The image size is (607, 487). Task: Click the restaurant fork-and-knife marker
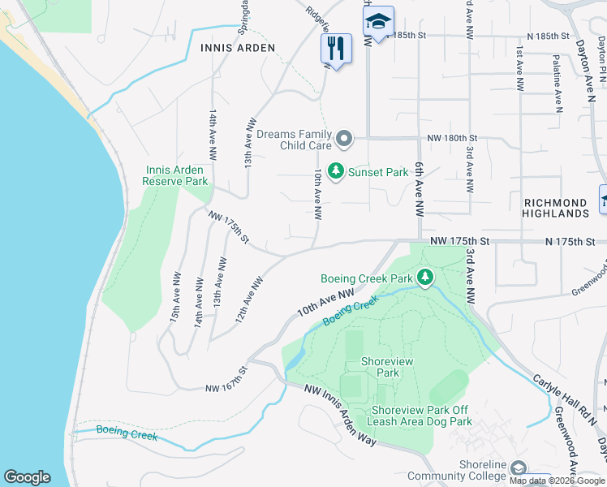point(336,49)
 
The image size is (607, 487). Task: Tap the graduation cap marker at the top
point(377,23)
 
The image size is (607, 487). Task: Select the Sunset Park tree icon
point(335,171)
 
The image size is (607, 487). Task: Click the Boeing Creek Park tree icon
point(424,278)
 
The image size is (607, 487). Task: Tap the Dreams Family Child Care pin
point(344,139)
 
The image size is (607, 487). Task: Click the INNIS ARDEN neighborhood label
point(238,49)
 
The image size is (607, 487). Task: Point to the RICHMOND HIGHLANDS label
point(556,208)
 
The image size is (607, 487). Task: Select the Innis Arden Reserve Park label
point(175,175)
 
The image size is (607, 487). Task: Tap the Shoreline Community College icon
point(518,468)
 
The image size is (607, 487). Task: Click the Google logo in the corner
point(27,477)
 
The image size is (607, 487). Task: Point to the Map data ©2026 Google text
point(557,481)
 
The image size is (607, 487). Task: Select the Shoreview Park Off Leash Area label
point(420,416)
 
